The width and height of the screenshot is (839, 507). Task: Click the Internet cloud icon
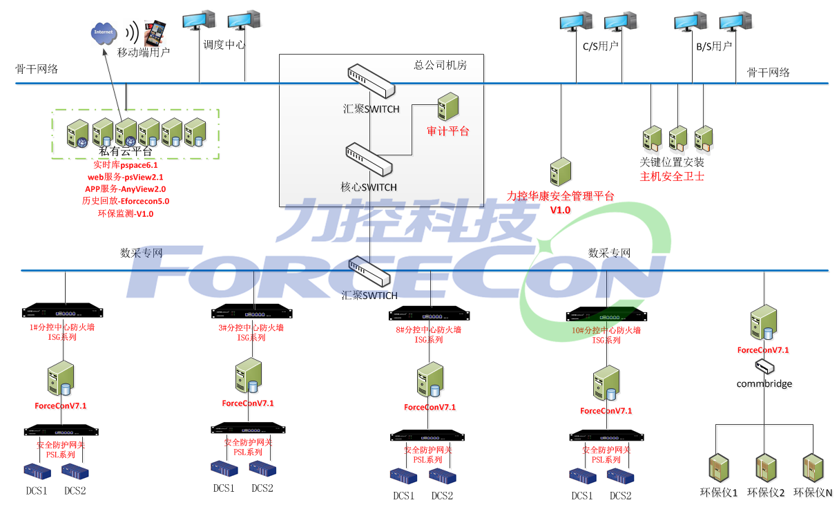(x=104, y=33)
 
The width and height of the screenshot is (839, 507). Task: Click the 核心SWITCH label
(x=369, y=187)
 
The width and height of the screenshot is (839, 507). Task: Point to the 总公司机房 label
(x=440, y=66)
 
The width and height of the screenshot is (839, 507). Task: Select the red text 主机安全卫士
(x=672, y=176)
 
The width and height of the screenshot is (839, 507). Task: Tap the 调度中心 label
(x=224, y=45)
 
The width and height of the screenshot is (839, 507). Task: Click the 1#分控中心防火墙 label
(x=62, y=327)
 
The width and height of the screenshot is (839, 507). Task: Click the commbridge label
(x=764, y=383)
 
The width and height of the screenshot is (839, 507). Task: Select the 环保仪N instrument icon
(x=813, y=468)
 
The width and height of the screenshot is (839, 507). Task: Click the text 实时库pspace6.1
(x=126, y=166)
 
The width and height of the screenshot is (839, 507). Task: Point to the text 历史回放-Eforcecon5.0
(x=125, y=202)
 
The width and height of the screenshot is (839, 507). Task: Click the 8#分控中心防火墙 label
(x=428, y=330)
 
